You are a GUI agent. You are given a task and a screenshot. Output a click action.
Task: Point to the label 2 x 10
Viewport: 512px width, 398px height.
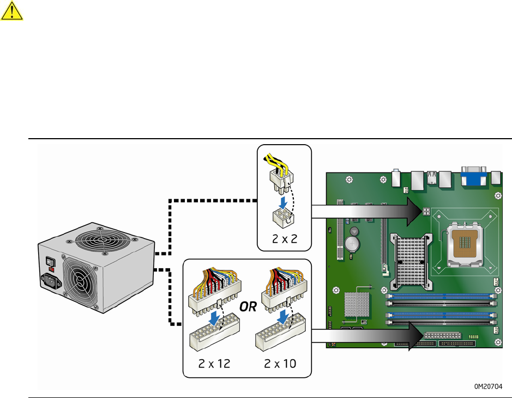tap(276, 364)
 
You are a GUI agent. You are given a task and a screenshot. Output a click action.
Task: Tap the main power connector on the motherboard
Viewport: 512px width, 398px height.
tap(442, 335)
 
